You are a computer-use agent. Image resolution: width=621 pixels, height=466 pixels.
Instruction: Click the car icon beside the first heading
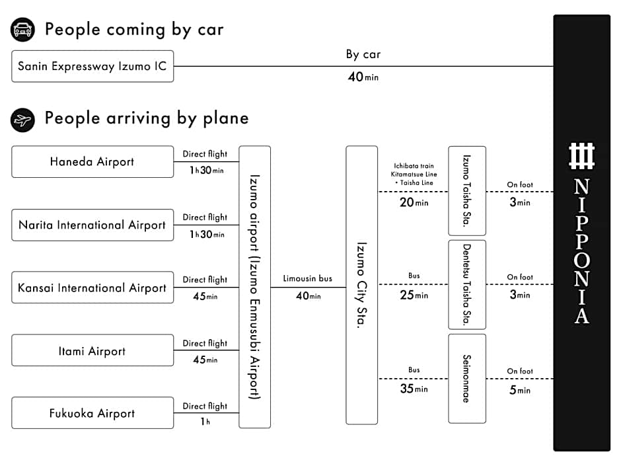[22, 29]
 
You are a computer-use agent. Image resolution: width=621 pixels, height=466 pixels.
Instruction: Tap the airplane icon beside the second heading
[22, 120]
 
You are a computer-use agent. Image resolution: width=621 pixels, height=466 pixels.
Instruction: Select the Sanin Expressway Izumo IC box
[92, 66]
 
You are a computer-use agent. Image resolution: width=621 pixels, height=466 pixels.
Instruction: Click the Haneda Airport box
[92, 162]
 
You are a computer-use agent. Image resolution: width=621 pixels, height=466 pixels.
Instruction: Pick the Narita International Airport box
[92, 225]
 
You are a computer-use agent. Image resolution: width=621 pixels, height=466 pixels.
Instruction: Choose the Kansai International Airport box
[92, 288]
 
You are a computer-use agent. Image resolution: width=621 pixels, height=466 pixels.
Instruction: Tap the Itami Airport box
[92, 350]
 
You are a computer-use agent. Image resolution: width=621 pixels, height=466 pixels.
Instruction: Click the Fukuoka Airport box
[92, 413]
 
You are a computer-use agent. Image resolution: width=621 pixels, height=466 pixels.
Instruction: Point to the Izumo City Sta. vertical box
[361, 286]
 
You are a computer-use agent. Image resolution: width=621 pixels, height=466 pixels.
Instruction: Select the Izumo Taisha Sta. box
[467, 190]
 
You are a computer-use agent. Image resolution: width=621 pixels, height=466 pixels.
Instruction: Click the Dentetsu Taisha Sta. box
[467, 284]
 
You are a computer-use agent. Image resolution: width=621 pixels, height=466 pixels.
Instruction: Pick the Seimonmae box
[467, 379]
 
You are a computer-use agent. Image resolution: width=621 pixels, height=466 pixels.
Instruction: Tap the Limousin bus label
[308, 278]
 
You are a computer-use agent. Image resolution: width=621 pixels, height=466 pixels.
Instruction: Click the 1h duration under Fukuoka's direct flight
[205, 421]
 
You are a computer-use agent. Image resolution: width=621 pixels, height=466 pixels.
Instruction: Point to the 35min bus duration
[414, 389]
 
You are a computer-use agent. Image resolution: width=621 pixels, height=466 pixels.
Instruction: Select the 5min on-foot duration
[520, 390]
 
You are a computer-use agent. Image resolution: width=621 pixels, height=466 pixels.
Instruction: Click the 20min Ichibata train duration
[414, 202]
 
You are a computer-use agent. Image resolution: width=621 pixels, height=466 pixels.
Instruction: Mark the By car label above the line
[363, 54]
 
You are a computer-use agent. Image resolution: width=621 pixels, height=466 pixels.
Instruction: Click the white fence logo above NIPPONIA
[581, 156]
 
